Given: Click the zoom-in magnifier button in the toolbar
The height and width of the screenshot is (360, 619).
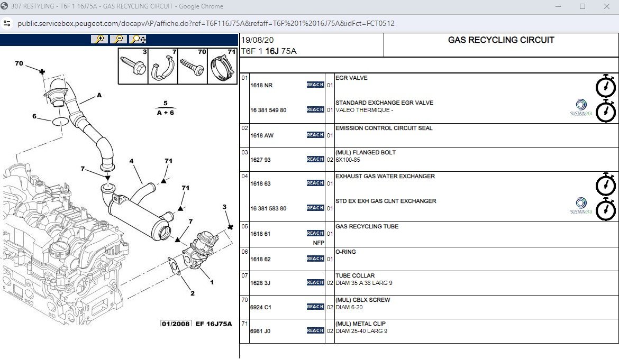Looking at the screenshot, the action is (x=99, y=40).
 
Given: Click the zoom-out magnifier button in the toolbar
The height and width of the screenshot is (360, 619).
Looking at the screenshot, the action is (x=118, y=40).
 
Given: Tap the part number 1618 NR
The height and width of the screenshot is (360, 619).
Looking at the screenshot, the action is (x=261, y=85).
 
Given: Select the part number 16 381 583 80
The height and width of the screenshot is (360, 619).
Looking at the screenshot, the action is (x=268, y=208).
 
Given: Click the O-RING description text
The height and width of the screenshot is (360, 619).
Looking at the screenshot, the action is (x=345, y=252).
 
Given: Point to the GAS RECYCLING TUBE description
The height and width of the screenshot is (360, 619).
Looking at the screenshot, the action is (x=367, y=226).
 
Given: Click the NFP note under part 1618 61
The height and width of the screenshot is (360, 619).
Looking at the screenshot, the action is (x=318, y=243).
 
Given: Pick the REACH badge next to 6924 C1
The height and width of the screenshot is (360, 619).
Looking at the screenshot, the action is (x=315, y=307).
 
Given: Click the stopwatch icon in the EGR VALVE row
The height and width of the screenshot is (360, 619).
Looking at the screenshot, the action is (x=606, y=86).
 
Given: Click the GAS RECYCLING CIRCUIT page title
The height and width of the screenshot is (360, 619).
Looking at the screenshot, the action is (x=501, y=40).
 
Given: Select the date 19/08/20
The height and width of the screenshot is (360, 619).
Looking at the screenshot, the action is (x=258, y=40).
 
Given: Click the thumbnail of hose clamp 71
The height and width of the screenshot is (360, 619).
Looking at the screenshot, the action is (x=222, y=66).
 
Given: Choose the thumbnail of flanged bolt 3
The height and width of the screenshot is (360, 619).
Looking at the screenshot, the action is (x=133, y=66).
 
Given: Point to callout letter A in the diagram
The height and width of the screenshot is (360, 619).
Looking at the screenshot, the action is (x=99, y=95).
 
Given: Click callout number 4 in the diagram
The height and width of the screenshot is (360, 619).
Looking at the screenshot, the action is (x=131, y=161).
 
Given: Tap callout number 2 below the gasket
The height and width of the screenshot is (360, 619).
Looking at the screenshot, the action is (x=193, y=293).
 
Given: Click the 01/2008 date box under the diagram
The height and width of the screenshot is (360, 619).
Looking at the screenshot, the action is (x=176, y=324).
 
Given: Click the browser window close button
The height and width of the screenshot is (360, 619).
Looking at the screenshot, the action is (x=607, y=6).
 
